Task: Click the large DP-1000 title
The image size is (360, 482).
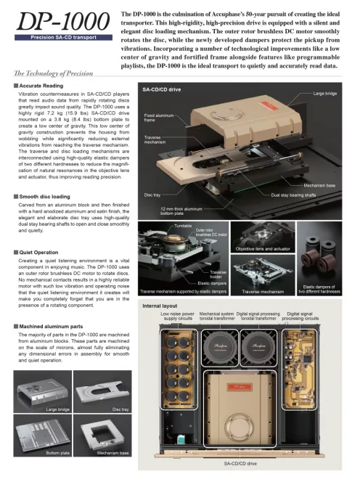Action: click(x=63, y=21)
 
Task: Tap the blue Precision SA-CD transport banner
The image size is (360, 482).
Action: click(x=63, y=38)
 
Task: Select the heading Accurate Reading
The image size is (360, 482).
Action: click(x=41, y=86)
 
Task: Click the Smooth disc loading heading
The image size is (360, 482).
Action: click(x=44, y=197)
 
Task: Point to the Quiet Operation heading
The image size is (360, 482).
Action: click(x=38, y=253)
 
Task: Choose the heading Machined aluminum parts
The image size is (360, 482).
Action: click(x=51, y=327)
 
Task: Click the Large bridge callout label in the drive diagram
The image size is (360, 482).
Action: click(x=325, y=94)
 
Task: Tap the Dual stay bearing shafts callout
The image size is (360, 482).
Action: click(x=293, y=195)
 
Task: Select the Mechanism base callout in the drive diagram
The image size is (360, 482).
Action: click(x=319, y=185)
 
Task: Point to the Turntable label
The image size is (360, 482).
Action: click(x=183, y=226)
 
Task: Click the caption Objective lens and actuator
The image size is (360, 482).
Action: click(x=263, y=249)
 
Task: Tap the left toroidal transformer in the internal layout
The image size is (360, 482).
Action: click(x=220, y=348)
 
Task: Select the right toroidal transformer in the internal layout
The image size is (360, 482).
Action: click(x=258, y=348)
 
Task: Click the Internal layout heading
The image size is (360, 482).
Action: click(x=160, y=306)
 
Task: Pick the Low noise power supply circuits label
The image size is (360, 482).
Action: click(x=178, y=316)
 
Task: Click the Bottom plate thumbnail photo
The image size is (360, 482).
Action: click(x=43, y=436)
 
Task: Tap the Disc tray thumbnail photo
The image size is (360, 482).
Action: click(x=102, y=392)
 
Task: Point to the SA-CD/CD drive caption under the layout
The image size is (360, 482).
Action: click(x=240, y=464)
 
